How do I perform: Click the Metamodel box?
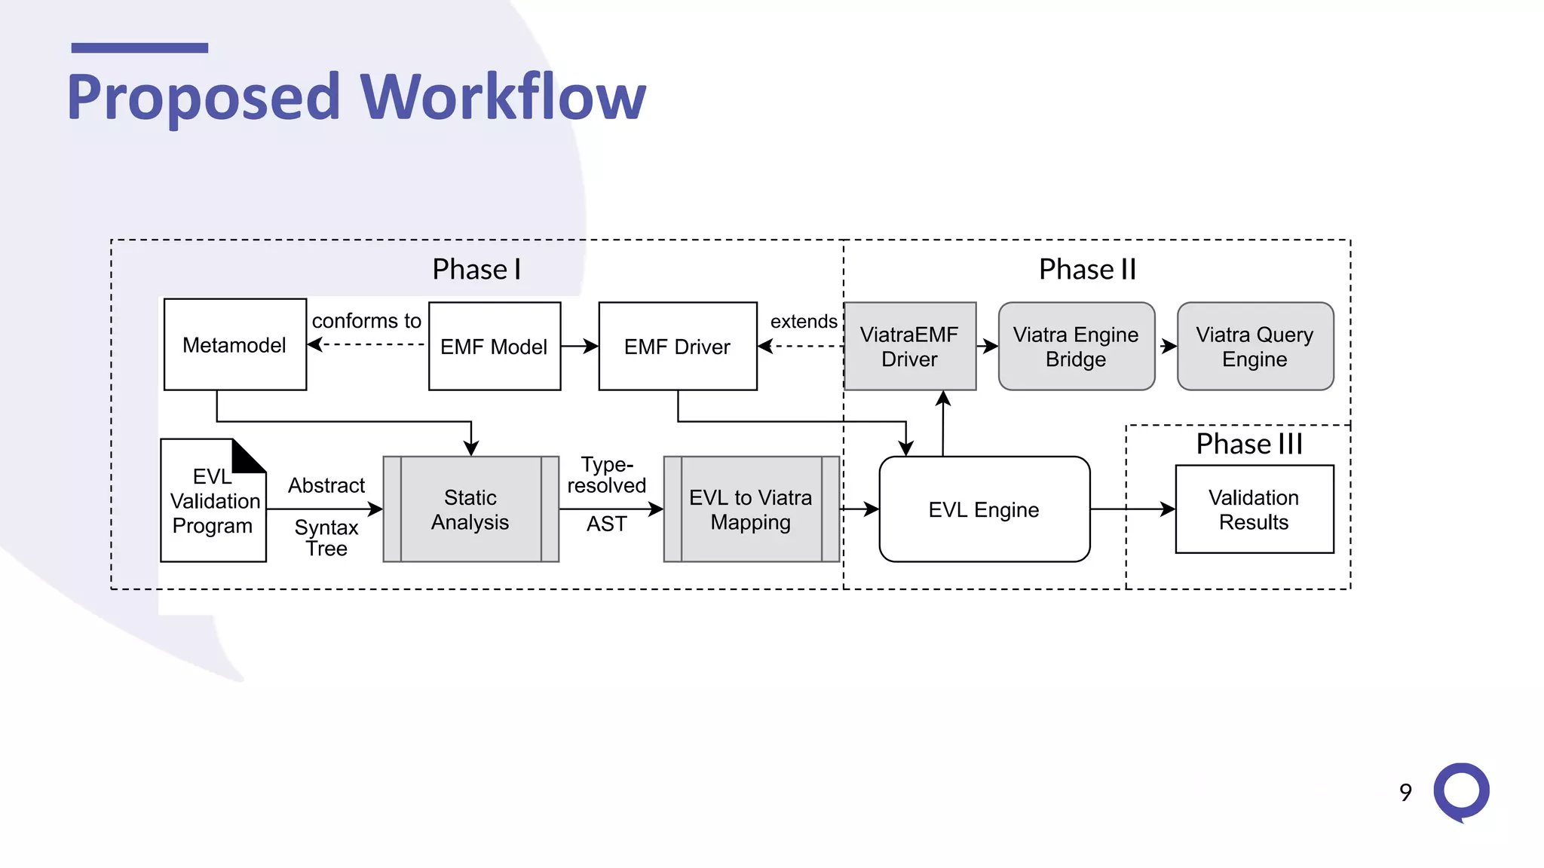tap(234, 344)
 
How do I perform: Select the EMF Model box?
tap(494, 346)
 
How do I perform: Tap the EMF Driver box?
tap(677, 346)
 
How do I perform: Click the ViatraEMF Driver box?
tap(909, 346)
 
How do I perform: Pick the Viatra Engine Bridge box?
tap(1076, 346)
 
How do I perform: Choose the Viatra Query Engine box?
tap(1254, 346)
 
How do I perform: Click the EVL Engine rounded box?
tap(984, 509)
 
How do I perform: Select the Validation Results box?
tap(1254, 509)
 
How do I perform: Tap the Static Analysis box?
tap(470, 509)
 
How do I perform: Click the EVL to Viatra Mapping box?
tap(751, 509)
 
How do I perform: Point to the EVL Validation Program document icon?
tap(213, 501)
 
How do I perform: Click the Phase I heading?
tap(476, 269)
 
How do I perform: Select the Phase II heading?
tap(1087, 269)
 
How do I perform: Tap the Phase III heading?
tap(1249, 444)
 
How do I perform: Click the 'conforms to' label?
tap(366, 321)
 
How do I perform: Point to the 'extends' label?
tap(804, 322)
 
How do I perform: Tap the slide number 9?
tap(1405, 792)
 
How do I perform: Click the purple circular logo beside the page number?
tap(1461, 791)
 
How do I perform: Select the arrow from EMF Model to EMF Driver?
tap(579, 346)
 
